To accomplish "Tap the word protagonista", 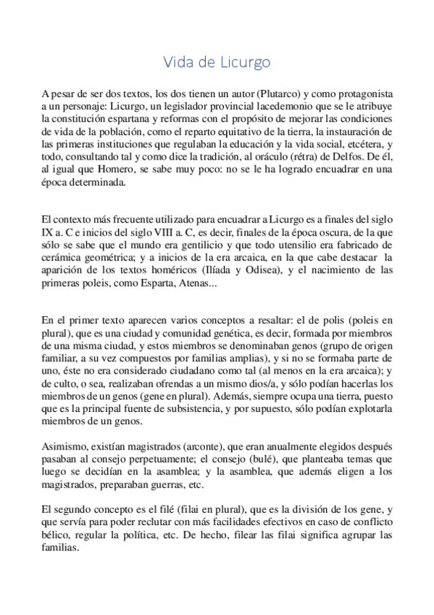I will point(360,94).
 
